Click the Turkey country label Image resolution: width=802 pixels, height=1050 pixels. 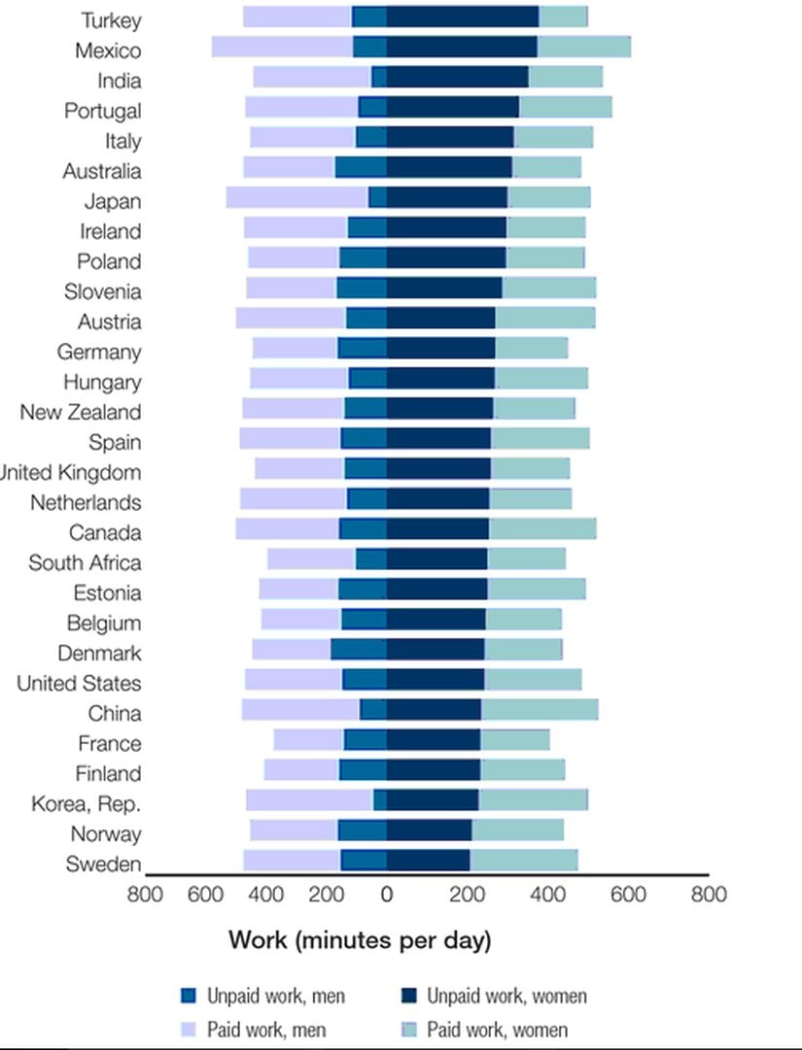[111, 20]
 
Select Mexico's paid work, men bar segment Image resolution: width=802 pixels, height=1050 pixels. [282, 47]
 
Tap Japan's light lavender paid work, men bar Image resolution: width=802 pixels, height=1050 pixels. [296, 197]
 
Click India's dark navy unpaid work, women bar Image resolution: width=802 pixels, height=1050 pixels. [457, 77]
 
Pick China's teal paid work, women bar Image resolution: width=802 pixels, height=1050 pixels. [540, 710]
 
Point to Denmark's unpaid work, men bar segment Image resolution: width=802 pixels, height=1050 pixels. [358, 650]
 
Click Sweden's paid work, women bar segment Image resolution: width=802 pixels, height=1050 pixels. [523, 861]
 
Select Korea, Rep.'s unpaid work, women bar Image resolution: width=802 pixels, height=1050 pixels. [432, 799]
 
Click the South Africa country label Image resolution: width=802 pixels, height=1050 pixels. [85, 563]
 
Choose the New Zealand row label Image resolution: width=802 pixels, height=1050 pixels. [80, 413]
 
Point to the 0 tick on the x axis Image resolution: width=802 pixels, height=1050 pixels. [387, 894]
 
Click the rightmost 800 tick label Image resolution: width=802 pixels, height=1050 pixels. [708, 894]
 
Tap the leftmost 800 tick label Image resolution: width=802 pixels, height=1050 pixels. [146, 894]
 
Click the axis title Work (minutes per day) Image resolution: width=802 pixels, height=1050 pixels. [360, 940]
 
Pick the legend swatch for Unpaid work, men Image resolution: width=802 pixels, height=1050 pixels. [190, 996]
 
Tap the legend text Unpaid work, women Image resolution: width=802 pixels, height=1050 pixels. [506, 996]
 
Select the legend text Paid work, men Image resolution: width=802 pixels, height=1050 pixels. [266, 1030]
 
